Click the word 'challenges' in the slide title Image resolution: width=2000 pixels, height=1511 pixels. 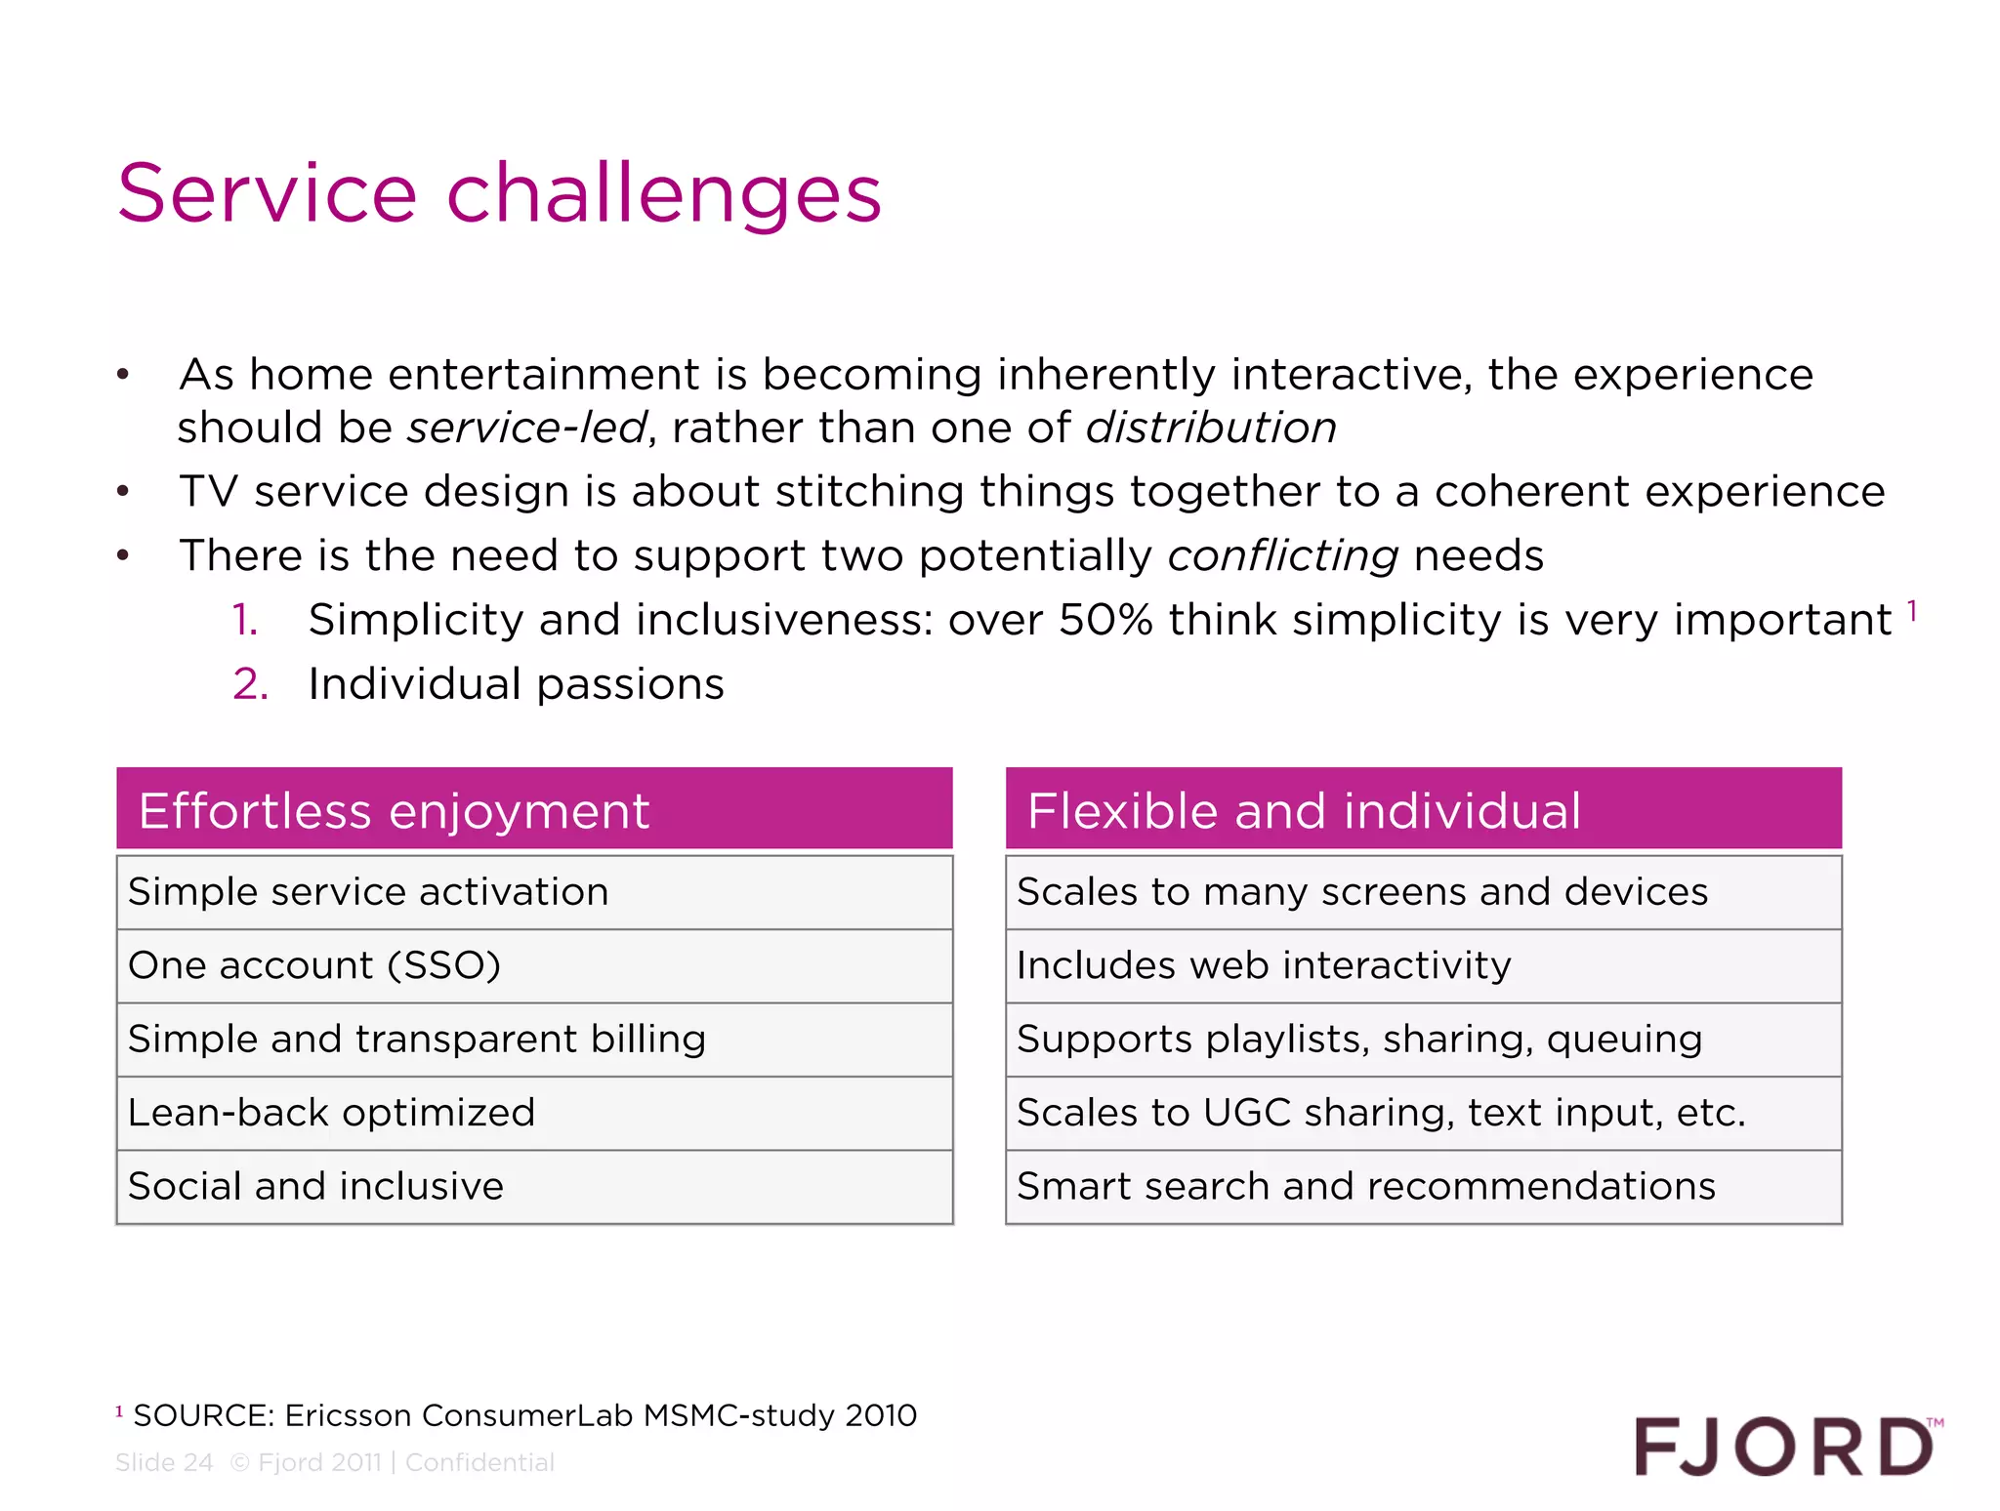(664, 194)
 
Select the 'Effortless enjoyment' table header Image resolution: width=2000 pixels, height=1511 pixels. (534, 809)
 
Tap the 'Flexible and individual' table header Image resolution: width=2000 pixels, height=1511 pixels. (1423, 809)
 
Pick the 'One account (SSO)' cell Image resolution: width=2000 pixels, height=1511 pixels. (534, 965)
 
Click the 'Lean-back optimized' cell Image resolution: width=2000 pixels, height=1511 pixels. (534, 1113)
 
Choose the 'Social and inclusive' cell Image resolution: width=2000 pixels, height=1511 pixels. (534, 1186)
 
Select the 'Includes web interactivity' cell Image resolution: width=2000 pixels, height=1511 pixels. (1423, 965)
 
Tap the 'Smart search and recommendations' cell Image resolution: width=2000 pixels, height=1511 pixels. (1423, 1186)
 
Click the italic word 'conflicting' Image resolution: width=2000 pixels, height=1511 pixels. (1283, 556)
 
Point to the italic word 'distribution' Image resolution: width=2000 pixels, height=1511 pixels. (1211, 428)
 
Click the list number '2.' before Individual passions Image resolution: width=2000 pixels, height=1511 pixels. (250, 684)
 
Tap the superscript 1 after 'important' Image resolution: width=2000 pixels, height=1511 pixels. (1912, 611)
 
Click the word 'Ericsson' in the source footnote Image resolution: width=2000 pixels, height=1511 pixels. (348, 1415)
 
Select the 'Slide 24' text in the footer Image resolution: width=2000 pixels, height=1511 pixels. (164, 1462)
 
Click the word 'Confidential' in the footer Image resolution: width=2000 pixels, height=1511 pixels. (479, 1462)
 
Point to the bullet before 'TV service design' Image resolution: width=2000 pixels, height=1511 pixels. (123, 492)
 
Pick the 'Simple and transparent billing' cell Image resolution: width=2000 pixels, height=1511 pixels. (534, 1039)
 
